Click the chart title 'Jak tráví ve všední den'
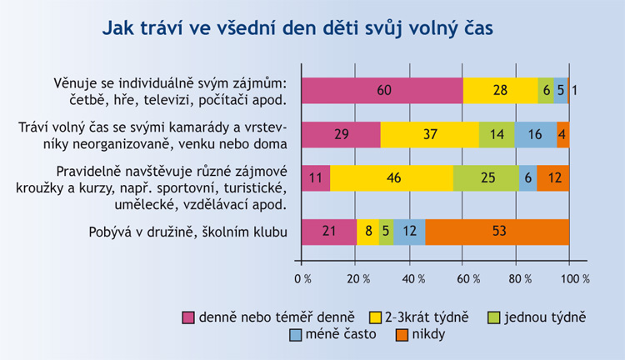pos(298,28)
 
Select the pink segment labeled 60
pos(382,91)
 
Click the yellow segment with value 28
pos(500,91)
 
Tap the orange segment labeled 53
pos(497,232)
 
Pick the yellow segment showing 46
pos(392,178)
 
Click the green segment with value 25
pos(486,178)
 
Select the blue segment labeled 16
pos(535,134)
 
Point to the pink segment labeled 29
pos(341,134)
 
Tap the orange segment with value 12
pos(552,178)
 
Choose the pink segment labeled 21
pos(328,232)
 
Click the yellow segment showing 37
pos(429,134)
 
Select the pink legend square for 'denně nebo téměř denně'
pos(189,317)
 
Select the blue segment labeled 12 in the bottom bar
pos(408,232)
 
